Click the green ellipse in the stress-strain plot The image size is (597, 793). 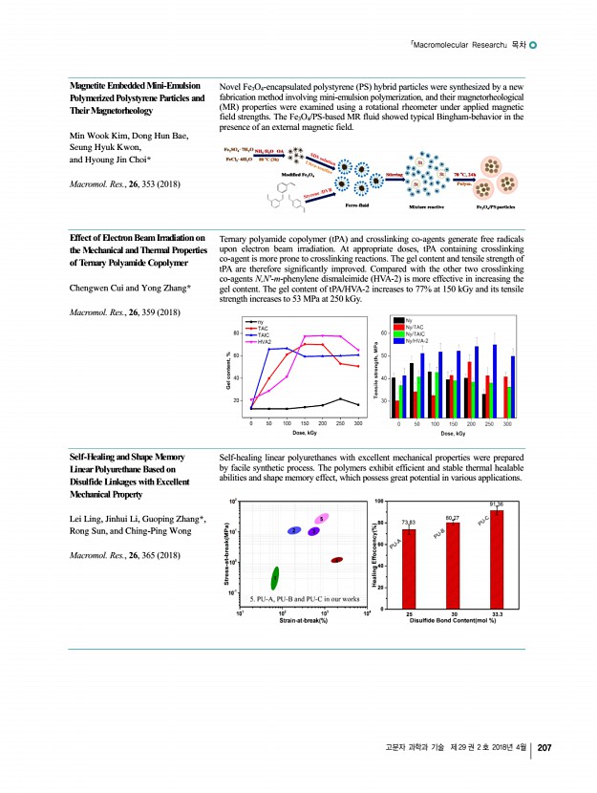pos(275,578)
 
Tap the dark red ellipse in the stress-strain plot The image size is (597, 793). pos(336,560)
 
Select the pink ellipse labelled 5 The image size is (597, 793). pos(322,518)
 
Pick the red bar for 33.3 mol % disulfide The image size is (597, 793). pos(497,559)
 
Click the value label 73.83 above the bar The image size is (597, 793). pos(409,522)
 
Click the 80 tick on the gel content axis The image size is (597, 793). pos(235,332)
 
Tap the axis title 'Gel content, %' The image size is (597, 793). pos(227,371)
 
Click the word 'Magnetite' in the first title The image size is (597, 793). pos(88,86)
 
